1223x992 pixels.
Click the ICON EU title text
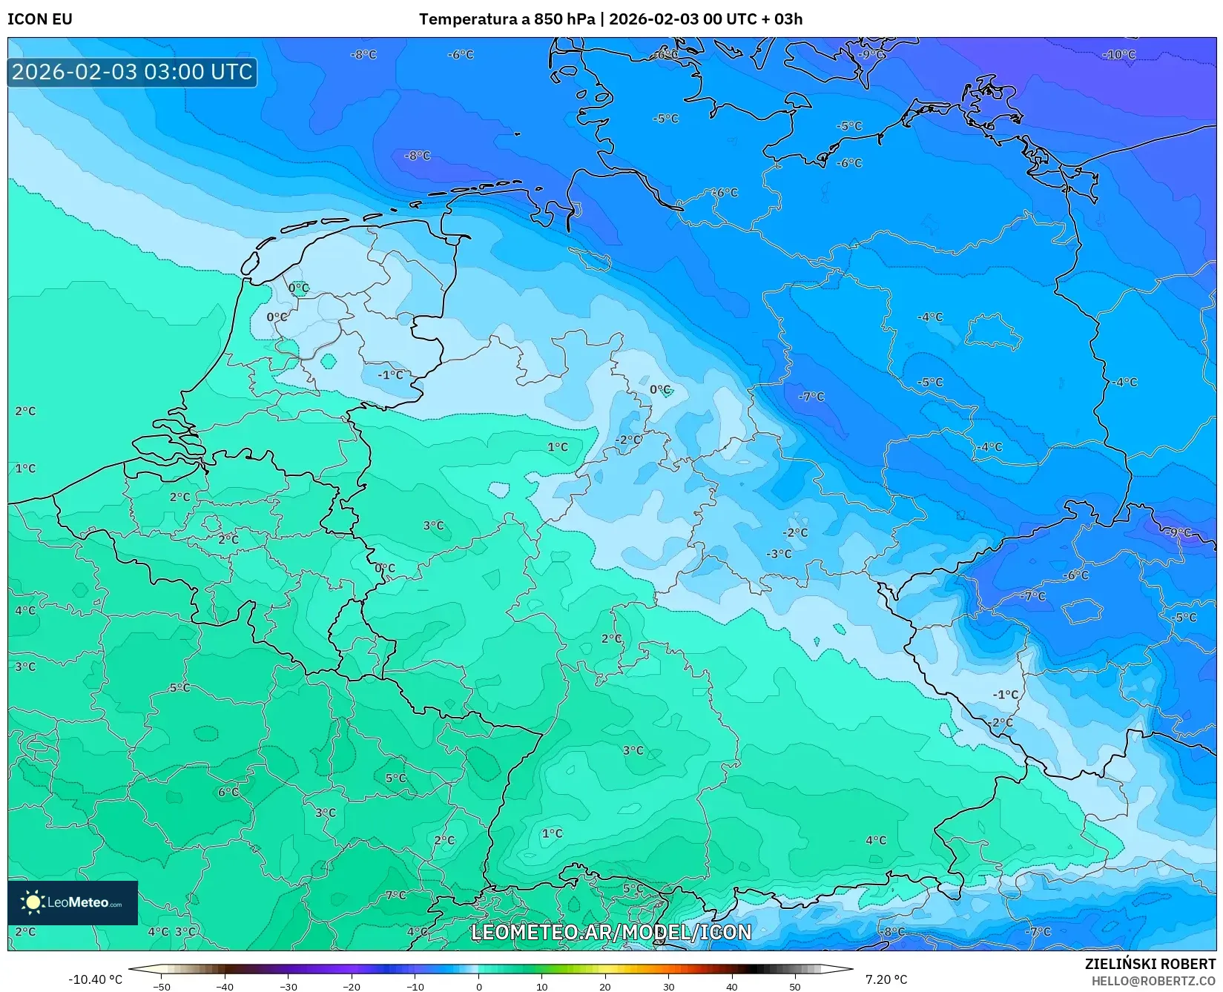40,19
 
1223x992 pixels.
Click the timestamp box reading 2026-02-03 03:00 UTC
132,72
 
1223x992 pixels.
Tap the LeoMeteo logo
73,902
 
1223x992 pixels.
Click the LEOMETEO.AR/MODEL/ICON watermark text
611,932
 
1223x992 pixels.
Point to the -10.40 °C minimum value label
95,979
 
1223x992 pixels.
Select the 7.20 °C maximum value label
886,979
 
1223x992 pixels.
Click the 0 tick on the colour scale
478,986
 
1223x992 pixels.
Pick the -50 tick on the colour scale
161,986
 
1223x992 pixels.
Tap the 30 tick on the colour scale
669,986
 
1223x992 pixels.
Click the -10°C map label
1118,55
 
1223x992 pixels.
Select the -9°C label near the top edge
871,55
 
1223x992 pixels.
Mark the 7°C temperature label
395,896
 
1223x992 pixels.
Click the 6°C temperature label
228,793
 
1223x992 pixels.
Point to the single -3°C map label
779,554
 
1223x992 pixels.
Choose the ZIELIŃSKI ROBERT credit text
1150,964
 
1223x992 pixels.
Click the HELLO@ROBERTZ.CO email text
1153,981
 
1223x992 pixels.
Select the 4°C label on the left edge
25,611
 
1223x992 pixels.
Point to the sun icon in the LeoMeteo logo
33,902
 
